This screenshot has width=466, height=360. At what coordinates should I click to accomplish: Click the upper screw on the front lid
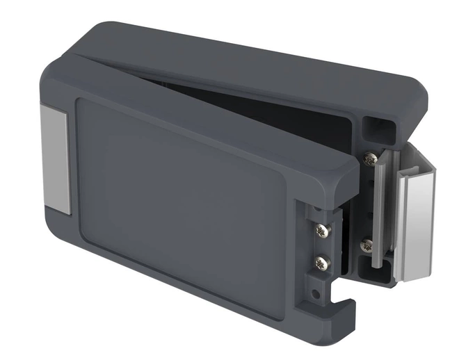(x=322, y=229)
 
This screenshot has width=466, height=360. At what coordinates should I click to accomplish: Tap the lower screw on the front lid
(x=321, y=263)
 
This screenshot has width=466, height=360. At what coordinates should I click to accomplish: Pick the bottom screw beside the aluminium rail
(x=367, y=245)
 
